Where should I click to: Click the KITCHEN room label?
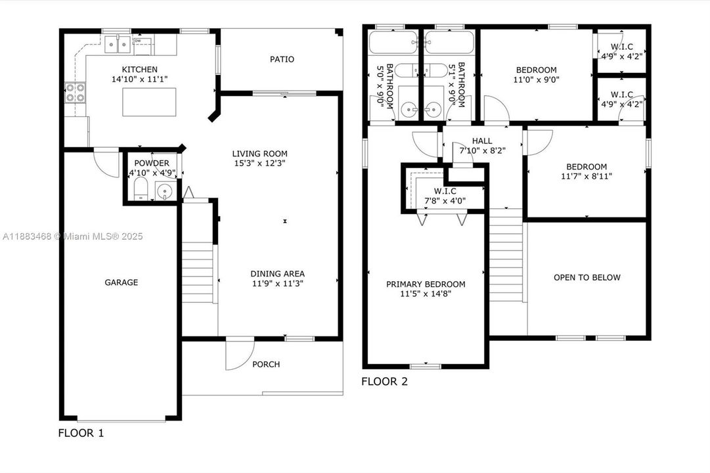coord(139,70)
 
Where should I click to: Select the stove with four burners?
coord(75,93)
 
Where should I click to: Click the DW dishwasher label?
coord(138,41)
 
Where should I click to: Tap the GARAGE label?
coord(121,282)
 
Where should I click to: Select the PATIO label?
coord(282,59)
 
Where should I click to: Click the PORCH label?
coord(266,364)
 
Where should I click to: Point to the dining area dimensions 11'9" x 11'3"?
coord(277,284)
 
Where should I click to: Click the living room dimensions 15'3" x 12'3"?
coord(259,163)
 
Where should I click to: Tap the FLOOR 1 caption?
coord(81,433)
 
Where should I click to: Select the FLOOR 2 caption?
coord(385,381)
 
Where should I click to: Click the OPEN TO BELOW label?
coord(587,277)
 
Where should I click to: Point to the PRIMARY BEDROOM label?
coord(426,284)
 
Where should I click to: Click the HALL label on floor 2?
coord(481,141)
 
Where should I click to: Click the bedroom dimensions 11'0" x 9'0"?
coord(536,80)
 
